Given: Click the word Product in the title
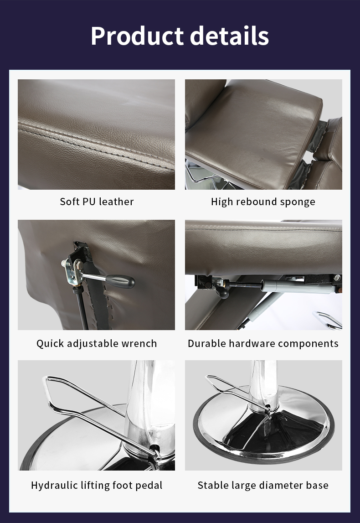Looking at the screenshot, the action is click(137, 36).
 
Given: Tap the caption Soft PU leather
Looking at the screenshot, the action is click(97, 202).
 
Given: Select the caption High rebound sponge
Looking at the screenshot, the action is click(263, 202).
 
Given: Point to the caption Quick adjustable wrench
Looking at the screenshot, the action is click(97, 343).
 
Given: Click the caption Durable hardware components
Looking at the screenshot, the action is click(263, 343).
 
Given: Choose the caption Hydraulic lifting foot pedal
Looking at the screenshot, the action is click(97, 485).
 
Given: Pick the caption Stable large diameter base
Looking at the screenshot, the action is click(263, 485).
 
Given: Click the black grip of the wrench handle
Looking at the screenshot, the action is click(120, 281).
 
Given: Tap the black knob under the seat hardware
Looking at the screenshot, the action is click(222, 292).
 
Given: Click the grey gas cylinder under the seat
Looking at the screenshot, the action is click(297, 286).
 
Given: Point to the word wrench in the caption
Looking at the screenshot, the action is click(139, 343).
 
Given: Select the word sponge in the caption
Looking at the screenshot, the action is click(298, 202).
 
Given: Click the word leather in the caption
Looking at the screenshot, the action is click(116, 202).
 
